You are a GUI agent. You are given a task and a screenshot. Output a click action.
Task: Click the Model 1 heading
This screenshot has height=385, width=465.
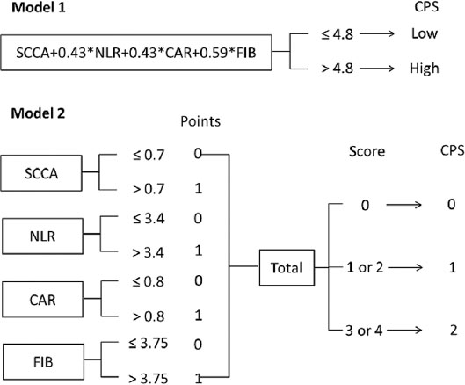39,7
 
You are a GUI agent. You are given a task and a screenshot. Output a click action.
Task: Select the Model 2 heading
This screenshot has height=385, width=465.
38,113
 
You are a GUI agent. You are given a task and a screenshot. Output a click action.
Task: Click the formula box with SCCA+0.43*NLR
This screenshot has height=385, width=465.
136,53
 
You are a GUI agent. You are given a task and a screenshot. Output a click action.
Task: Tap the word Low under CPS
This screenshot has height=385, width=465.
425,33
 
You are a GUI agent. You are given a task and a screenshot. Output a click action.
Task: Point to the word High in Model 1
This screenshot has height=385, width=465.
424,69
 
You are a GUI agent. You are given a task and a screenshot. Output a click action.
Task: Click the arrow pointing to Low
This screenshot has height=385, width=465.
377,33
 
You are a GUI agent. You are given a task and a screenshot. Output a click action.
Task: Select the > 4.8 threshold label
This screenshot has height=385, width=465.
338,69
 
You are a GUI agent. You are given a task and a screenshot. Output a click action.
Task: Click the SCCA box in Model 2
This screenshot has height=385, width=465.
41,173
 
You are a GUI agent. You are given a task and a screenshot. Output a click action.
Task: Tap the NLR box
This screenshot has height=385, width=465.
42,236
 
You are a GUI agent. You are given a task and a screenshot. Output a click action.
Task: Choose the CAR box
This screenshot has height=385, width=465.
42,299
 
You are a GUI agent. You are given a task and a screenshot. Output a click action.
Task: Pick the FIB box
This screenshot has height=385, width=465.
43,362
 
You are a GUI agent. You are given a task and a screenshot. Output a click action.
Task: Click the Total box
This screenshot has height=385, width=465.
287,267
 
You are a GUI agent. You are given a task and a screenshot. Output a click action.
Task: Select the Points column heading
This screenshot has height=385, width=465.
200,121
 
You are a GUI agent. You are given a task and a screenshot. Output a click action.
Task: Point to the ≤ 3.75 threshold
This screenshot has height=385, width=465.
149,343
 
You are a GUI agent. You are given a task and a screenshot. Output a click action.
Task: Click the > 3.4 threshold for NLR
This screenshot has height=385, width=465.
148,253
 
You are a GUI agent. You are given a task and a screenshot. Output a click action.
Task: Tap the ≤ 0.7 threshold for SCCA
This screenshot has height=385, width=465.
149,155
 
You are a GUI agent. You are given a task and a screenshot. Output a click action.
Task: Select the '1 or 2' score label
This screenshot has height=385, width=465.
365,267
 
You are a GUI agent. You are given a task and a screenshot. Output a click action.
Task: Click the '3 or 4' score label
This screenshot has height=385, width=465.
364,331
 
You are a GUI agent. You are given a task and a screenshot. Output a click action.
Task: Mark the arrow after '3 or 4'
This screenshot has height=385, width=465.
404,330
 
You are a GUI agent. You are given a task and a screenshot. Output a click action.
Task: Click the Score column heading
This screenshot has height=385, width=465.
367,151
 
